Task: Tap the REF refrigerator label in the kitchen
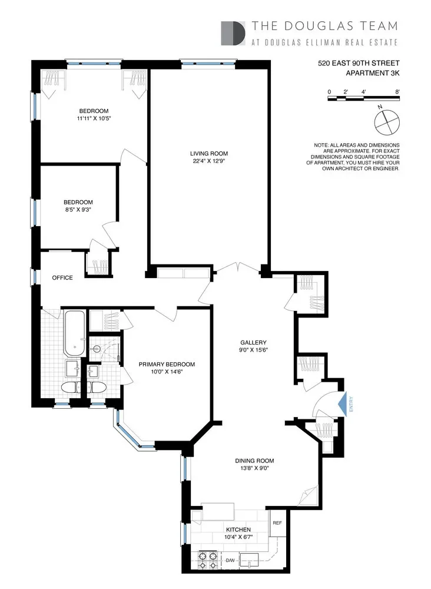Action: [x=277, y=523]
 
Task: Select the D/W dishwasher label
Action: [x=230, y=561]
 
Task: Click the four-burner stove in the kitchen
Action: [x=208, y=560]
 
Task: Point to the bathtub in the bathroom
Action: [x=74, y=333]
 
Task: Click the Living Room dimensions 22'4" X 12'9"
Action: [x=209, y=161]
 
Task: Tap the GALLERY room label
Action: [x=253, y=342]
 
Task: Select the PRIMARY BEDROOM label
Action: [x=167, y=364]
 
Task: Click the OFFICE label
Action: [x=62, y=277]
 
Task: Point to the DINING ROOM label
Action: [x=254, y=461]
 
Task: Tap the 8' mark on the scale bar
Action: [x=397, y=92]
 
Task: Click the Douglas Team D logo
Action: [x=233, y=33]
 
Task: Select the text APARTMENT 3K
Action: [x=373, y=73]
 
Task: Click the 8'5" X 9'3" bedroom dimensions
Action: [x=78, y=210]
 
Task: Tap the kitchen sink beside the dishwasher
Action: [x=249, y=559]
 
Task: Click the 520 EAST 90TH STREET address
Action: [x=359, y=63]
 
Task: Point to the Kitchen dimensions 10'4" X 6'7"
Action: [x=238, y=537]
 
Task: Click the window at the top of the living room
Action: [x=208, y=63]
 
